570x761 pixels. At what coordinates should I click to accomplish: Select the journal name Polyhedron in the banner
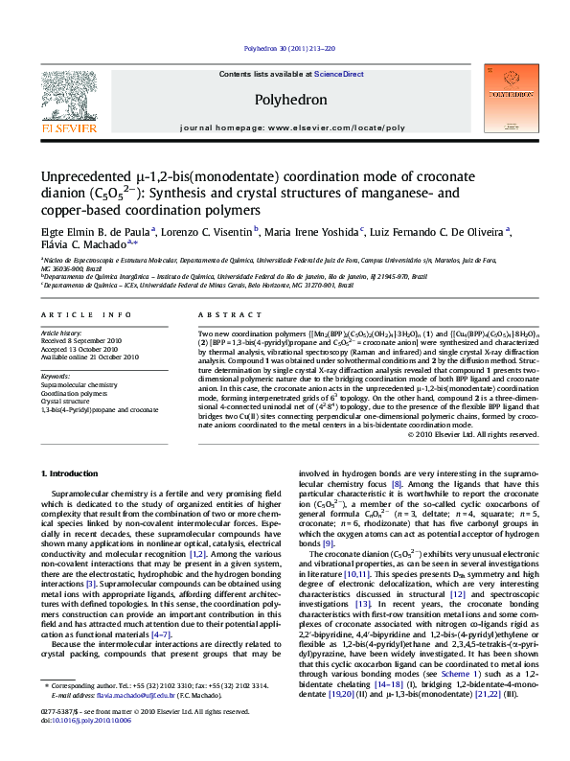(291, 100)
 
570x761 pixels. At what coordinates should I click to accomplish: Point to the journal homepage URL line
(291, 127)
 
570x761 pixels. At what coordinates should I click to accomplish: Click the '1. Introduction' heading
(71, 473)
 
